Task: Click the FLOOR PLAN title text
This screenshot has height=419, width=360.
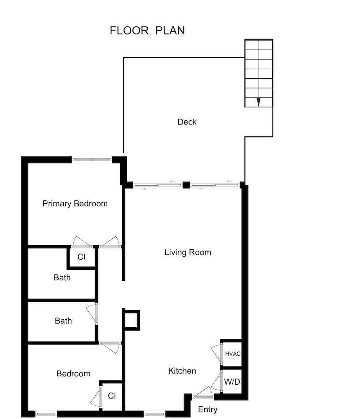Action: pos(147,31)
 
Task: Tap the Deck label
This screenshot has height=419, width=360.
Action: pos(187,122)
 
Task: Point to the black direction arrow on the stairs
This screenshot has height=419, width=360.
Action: pos(259,101)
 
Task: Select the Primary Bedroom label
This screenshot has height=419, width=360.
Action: pos(75,204)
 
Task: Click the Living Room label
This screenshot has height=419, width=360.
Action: pos(188,252)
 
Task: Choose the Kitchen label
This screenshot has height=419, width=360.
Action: pos(182,371)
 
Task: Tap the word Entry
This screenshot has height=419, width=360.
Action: pos(208,410)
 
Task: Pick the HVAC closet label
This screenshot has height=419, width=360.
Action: pos(233,354)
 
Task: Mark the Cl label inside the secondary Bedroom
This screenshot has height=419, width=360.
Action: pos(112,396)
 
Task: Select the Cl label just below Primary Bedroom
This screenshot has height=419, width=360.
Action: pos(81,257)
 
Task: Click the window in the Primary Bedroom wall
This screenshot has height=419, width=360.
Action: pos(92,159)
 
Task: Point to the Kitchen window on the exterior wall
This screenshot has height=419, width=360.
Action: pos(154,414)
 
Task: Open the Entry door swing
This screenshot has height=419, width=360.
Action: pos(203,393)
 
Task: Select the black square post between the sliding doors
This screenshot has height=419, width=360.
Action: pos(186,184)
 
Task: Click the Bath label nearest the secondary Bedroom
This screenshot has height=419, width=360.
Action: pos(63,321)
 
